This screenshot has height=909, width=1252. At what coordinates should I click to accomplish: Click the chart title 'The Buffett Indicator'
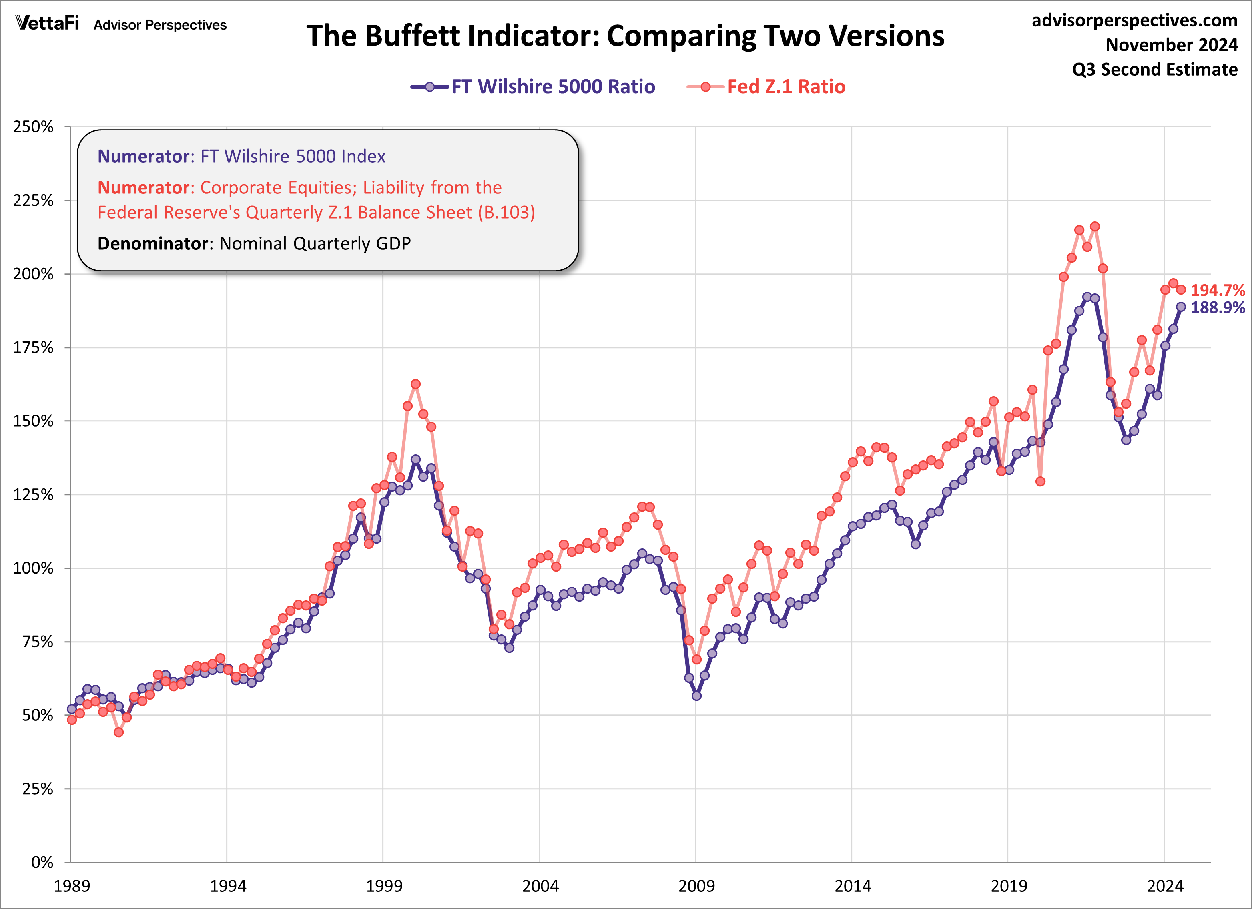pyautogui.click(x=625, y=36)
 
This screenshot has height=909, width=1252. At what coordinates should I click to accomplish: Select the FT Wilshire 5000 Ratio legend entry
pyautogui.click(x=553, y=86)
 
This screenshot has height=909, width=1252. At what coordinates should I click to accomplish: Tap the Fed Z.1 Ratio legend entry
pyautogui.click(x=786, y=86)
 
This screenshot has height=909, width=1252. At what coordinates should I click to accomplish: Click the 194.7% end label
pyautogui.click(x=1217, y=290)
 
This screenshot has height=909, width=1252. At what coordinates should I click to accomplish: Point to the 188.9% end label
pyautogui.click(x=1217, y=308)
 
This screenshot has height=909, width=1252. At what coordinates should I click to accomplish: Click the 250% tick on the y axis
pyautogui.click(x=33, y=127)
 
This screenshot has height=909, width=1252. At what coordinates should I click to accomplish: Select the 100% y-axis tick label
pyautogui.click(x=33, y=568)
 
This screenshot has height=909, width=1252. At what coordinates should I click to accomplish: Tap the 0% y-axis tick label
pyautogui.click(x=41, y=863)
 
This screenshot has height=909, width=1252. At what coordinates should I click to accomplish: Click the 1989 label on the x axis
pyautogui.click(x=71, y=886)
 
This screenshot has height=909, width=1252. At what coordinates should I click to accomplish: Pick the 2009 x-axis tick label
pyautogui.click(x=696, y=886)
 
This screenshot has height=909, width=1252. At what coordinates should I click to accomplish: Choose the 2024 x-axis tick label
pyautogui.click(x=1165, y=886)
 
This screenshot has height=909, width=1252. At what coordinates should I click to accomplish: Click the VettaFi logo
pyautogui.click(x=48, y=23)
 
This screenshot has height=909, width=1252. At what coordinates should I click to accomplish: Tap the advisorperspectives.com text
pyautogui.click(x=1134, y=20)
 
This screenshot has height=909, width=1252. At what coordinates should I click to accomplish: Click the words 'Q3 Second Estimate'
pyautogui.click(x=1155, y=70)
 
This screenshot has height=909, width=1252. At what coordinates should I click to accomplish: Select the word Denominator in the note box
pyautogui.click(x=153, y=243)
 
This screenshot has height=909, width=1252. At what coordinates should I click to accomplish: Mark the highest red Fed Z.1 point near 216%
pyautogui.click(x=1095, y=227)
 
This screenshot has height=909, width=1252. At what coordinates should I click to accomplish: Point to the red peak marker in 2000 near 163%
pyautogui.click(x=416, y=384)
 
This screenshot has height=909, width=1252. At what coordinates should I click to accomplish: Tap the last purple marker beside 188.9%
pyautogui.click(x=1181, y=307)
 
